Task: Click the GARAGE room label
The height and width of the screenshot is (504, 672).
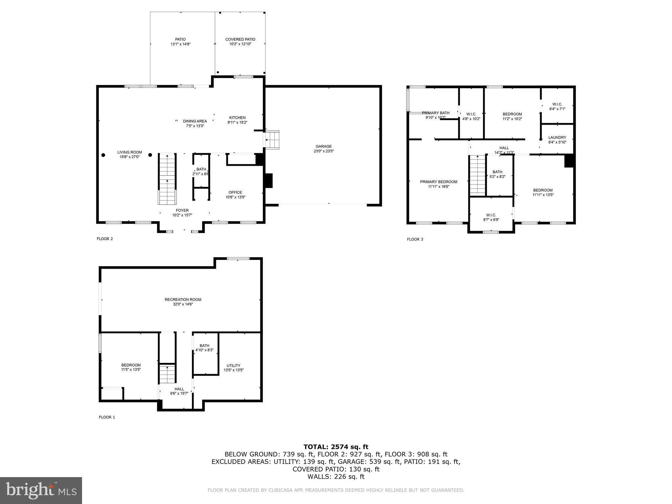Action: (x=324, y=147)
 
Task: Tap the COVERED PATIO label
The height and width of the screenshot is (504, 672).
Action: (x=240, y=39)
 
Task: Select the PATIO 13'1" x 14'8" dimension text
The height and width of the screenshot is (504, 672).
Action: (x=180, y=44)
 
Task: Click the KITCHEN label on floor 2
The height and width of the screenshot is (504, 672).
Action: (x=237, y=118)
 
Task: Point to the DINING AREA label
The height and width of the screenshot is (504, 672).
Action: (x=195, y=121)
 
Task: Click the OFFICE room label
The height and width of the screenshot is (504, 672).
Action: (x=235, y=193)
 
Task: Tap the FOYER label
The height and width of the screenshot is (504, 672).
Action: (x=182, y=211)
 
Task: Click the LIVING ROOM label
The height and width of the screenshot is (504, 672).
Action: (x=130, y=152)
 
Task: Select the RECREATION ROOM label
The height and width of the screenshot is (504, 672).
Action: (x=183, y=300)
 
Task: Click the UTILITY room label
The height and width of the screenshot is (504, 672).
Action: (x=233, y=366)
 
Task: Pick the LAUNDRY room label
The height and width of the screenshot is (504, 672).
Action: (x=557, y=137)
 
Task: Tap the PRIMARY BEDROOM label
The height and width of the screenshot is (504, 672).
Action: (x=438, y=182)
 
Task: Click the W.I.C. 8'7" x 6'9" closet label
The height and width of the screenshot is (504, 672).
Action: (x=491, y=215)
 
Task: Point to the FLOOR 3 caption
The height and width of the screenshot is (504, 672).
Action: (x=415, y=239)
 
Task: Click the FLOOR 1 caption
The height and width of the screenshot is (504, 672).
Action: (x=107, y=417)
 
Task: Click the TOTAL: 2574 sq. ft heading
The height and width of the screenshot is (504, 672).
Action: (x=336, y=447)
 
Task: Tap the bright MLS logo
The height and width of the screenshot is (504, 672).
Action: (x=41, y=491)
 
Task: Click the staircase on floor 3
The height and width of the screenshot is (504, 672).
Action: (x=477, y=175)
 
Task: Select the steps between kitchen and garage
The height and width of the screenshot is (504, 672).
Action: (x=272, y=139)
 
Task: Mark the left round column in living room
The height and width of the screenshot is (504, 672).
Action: (x=103, y=155)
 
